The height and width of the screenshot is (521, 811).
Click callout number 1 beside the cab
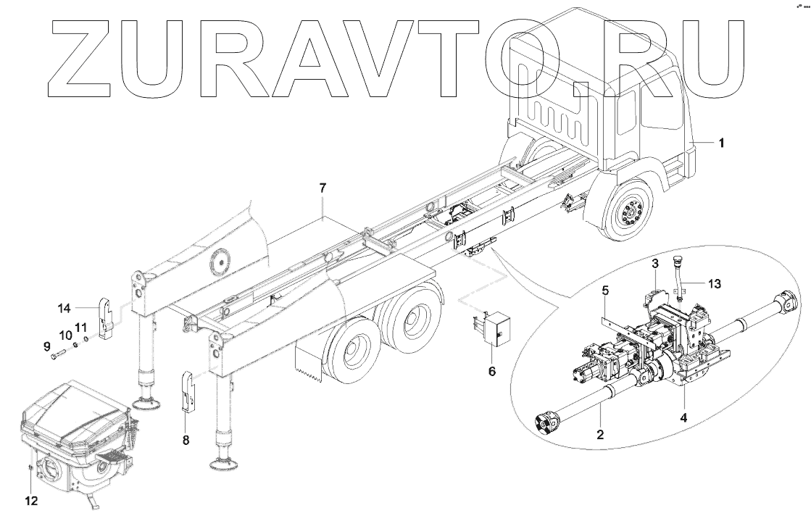(x=721, y=143)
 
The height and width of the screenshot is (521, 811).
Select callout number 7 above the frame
(x=323, y=188)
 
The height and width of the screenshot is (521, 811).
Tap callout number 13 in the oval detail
(x=715, y=284)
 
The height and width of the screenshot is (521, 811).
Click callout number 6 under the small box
(x=492, y=371)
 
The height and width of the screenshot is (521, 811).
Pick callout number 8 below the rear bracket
(x=186, y=439)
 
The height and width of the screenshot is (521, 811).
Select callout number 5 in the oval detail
(x=605, y=291)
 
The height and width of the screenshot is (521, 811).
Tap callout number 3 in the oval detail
(x=654, y=262)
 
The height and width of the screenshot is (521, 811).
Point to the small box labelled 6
(x=492, y=330)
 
